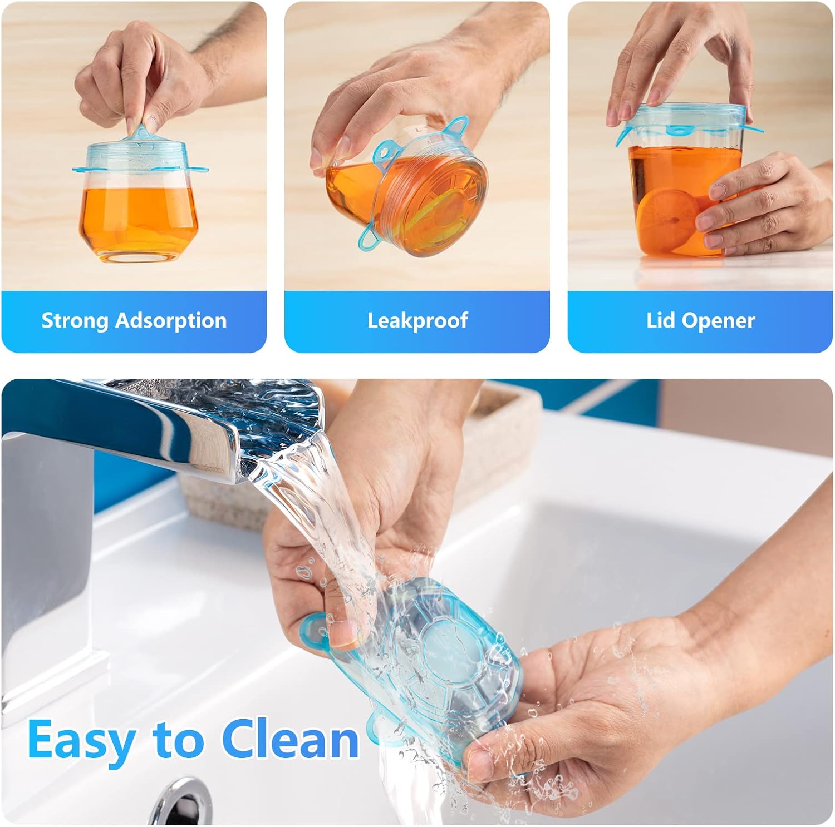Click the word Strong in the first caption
pyautogui.click(x=75, y=320)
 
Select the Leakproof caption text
pyautogui.click(x=417, y=320)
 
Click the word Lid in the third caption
pyautogui.click(x=661, y=320)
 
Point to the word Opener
pyautogui.click(x=719, y=320)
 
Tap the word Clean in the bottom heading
pyautogui.click(x=290, y=740)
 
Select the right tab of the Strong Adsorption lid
pyautogui.click(x=202, y=169)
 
